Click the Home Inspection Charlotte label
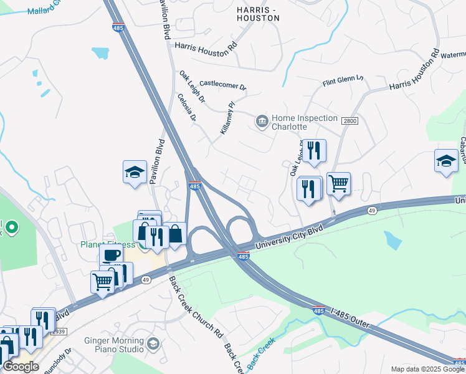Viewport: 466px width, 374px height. coord(298,122)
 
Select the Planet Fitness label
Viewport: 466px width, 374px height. coord(107,244)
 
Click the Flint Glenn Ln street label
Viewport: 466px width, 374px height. coord(342,80)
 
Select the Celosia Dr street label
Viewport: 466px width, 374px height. coord(187,108)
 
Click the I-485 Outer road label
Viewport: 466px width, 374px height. coord(351,317)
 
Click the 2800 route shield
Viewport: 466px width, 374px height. coord(349,120)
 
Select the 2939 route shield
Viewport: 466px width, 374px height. coord(58,332)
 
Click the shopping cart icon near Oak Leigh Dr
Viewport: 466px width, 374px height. coord(338,184)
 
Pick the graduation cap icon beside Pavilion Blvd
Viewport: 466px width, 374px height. coord(135,171)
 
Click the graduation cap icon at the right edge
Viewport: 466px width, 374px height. coord(446,160)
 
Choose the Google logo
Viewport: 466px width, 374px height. coord(21,367)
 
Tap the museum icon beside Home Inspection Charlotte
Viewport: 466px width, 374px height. coord(262,120)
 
